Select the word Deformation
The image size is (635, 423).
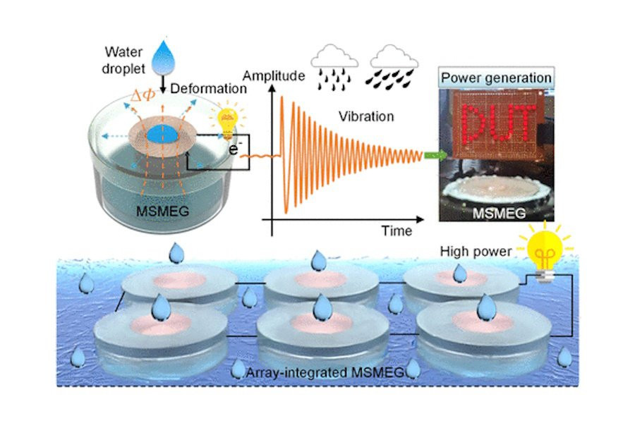pyautogui.click(x=211, y=89)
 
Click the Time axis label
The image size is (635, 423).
pyautogui.click(x=397, y=231)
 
